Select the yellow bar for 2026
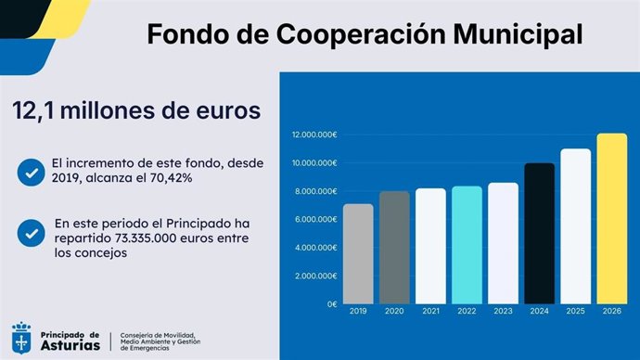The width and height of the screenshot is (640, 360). coord(612,219)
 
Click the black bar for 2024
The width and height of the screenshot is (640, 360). coord(539,234)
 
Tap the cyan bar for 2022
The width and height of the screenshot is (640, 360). coord(467,245)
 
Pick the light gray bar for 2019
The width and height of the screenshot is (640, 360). coord(357,253)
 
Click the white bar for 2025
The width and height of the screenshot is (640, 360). coord(575,226)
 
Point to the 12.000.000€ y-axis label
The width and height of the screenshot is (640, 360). coord(314,135)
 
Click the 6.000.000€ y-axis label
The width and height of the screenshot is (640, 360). coord(316,220)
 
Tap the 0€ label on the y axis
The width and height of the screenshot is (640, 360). coord(330,304)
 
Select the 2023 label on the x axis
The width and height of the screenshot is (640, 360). coord(503,312)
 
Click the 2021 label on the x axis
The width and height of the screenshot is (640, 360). coord(429,312)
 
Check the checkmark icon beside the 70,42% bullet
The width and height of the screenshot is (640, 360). coord(32,172)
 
